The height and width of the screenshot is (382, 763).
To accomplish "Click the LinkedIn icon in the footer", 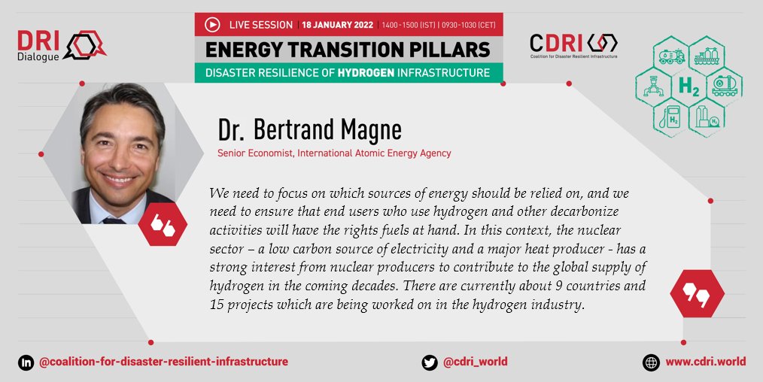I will pyautogui.click(x=26, y=362).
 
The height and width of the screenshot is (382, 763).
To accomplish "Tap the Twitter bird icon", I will pyautogui.click(x=430, y=362).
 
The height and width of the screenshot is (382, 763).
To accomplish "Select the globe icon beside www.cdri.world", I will pyautogui.click(x=651, y=362).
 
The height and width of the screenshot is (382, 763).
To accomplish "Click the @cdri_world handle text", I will pyautogui.click(x=475, y=362).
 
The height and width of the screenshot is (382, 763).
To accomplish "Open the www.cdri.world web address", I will pyautogui.click(x=706, y=362).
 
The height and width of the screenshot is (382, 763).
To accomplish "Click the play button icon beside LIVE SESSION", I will pyautogui.click(x=212, y=24).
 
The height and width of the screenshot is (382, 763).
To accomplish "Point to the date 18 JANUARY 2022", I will pyautogui.click(x=336, y=25).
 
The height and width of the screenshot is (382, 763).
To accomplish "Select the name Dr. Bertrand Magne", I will pyautogui.click(x=310, y=130).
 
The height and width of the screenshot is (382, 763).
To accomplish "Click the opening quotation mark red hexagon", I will pyautogui.click(x=163, y=224).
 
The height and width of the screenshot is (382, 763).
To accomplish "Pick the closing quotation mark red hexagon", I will pyautogui.click(x=697, y=293).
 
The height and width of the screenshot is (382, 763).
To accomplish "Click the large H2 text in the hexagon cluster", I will pyautogui.click(x=689, y=86).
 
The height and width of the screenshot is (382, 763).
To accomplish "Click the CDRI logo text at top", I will pyautogui.click(x=555, y=41).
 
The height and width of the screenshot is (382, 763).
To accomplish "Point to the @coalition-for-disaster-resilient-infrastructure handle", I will pyautogui.click(x=163, y=362).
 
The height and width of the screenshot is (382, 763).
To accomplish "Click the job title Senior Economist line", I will pyautogui.click(x=334, y=153).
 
